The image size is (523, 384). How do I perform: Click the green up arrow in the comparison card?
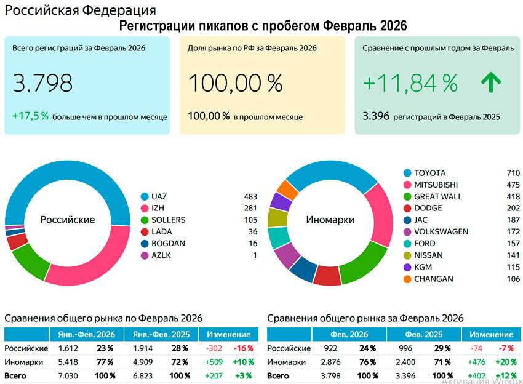pos(490,82)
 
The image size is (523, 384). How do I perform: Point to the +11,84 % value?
pos(410,83)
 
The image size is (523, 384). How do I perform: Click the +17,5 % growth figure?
pos(30,115)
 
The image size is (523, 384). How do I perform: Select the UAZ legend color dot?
pos(145,197)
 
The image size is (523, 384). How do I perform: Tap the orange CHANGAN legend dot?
pos(407,279)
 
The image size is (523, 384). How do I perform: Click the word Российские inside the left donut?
pos(68,220)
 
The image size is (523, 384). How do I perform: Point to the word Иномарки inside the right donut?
pos(330,220)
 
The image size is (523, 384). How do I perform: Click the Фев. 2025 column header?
pos(425,334)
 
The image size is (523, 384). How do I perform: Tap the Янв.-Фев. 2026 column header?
pos(86,334)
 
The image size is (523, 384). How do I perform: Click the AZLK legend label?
pos(161,255)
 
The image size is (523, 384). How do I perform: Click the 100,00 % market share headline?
pos(235,83)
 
